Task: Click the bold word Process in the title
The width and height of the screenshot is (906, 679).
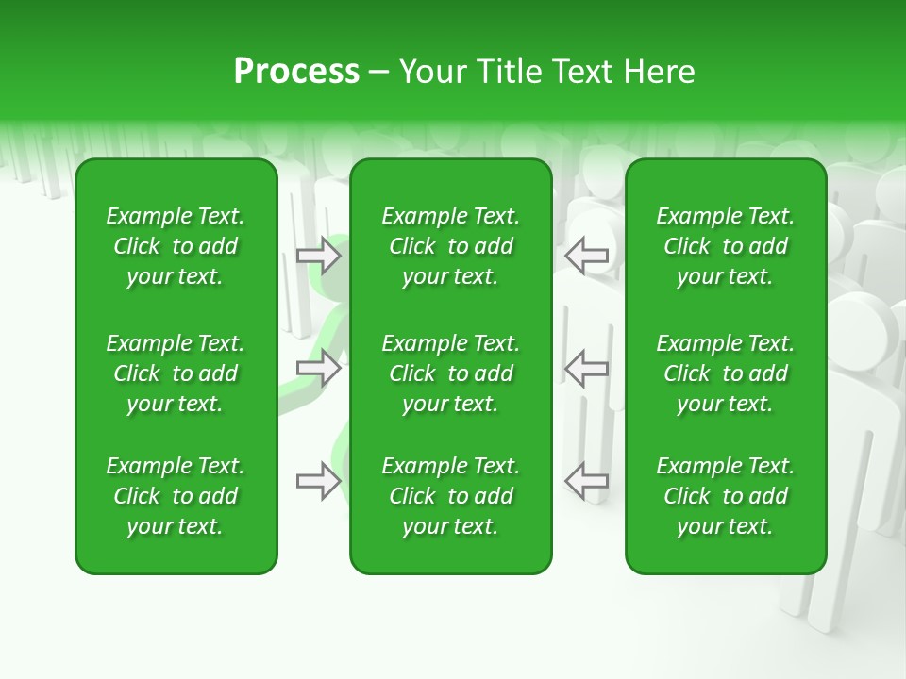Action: pyautogui.click(x=296, y=72)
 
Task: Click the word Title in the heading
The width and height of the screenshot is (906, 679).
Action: pyautogui.click(x=505, y=72)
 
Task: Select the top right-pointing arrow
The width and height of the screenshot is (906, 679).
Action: pyautogui.click(x=318, y=256)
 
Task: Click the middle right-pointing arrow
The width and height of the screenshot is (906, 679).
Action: pyautogui.click(x=318, y=368)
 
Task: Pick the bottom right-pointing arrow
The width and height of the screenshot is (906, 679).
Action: pyautogui.click(x=318, y=482)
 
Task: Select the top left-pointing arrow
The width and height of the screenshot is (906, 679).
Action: pyautogui.click(x=587, y=256)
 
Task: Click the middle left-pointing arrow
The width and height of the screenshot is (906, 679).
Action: pyautogui.click(x=587, y=368)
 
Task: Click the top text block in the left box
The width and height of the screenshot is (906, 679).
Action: pyautogui.click(x=176, y=246)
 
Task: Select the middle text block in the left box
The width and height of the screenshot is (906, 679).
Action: pyautogui.click(x=176, y=373)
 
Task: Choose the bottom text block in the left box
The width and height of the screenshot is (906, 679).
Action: pyautogui.click(x=176, y=496)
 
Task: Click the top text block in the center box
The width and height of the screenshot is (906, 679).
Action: pyautogui.click(x=450, y=246)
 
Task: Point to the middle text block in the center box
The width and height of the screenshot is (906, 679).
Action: pyautogui.click(x=450, y=373)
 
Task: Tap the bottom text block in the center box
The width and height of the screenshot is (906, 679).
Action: pyautogui.click(x=450, y=496)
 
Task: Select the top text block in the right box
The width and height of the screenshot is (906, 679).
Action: pyautogui.click(x=725, y=246)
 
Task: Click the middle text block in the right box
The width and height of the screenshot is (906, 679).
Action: pyautogui.click(x=725, y=373)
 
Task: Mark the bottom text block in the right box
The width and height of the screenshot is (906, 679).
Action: pyautogui.click(x=725, y=496)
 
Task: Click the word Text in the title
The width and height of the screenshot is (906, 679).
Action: pyautogui.click(x=582, y=72)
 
